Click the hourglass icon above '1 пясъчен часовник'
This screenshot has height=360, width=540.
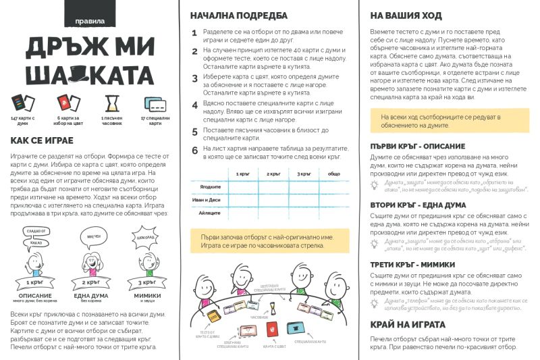pyautogui.click(x=112, y=103)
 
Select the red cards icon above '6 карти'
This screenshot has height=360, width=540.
pyautogui.click(x=65, y=103)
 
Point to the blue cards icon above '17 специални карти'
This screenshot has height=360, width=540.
pyautogui.click(x=155, y=104)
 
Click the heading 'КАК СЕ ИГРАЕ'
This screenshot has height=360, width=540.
pyautogui.click(x=47, y=141)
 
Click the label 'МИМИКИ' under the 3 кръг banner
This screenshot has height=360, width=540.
pyautogui.click(x=146, y=296)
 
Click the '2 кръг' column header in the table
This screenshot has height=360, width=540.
pyautogui.click(x=273, y=174)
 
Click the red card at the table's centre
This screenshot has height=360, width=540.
pyautogui.click(x=272, y=330)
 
